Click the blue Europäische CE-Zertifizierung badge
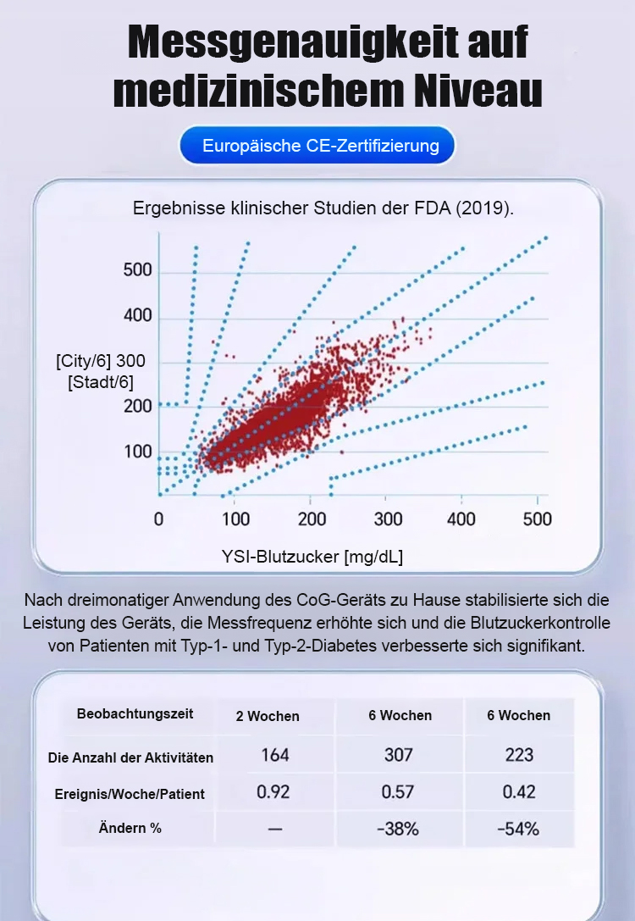pos(320,146)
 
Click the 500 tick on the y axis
pos(137,271)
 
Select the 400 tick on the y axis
pos(137,316)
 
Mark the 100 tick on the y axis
pos(137,452)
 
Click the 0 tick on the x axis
pos(158,519)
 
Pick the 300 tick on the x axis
pos(388,519)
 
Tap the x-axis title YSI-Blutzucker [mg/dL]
pos(312,557)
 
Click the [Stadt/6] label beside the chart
pos(100,382)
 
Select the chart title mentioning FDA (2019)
pos(323,208)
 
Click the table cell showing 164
pos(275,754)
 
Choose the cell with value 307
pos(399,754)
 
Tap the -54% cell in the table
pos(518,829)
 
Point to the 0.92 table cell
pos(273,792)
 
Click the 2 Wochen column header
pos(268,716)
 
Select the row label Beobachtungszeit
pos(135,713)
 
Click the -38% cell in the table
pos(398,829)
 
